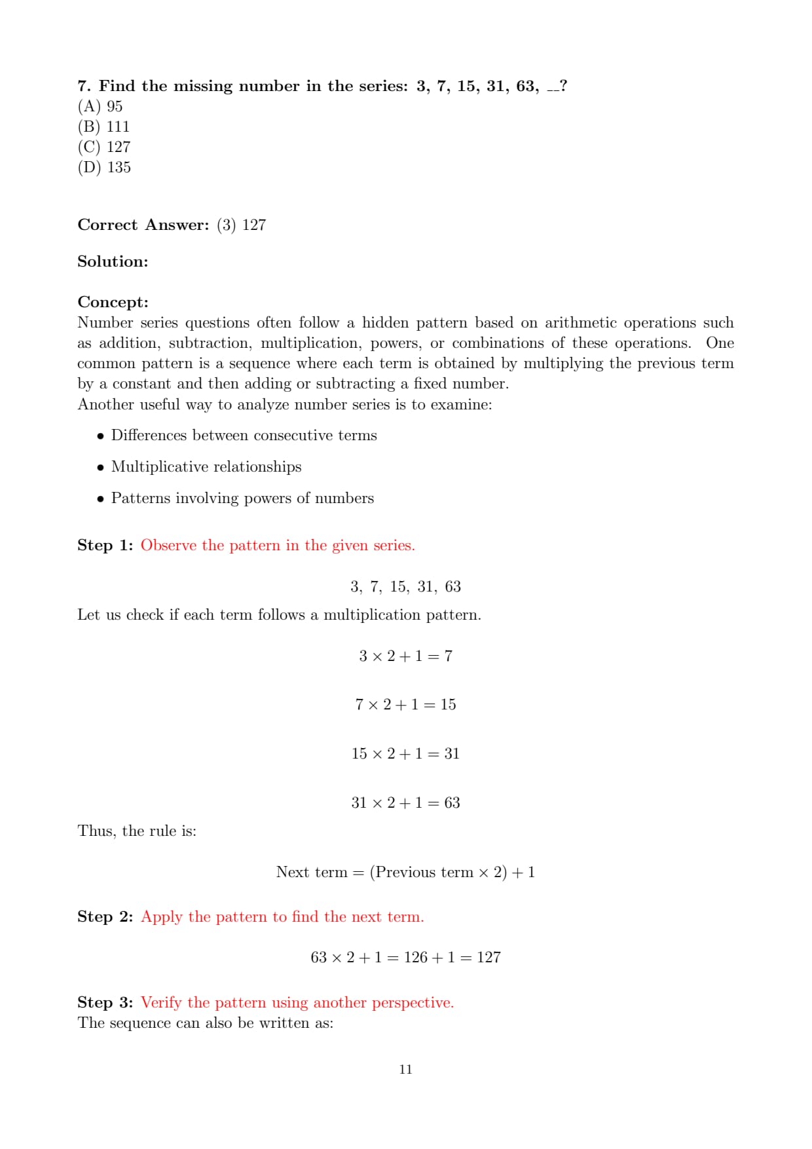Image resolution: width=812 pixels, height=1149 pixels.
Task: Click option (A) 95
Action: click(100, 106)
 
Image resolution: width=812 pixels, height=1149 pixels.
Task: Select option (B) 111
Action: click(103, 126)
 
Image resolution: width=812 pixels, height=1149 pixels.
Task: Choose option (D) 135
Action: click(104, 167)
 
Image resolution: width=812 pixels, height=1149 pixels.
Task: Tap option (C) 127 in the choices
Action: click(104, 147)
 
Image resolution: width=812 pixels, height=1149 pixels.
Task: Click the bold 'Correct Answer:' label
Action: click(143, 225)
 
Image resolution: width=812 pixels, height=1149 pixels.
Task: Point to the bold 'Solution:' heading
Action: click(113, 261)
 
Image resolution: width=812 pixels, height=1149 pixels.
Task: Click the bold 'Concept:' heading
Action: click(113, 302)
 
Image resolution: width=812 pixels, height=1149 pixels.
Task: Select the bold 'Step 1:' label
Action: click(105, 545)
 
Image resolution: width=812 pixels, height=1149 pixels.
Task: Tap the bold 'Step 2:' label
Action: click(105, 916)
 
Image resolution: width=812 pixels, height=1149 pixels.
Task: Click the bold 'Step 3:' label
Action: click(105, 1002)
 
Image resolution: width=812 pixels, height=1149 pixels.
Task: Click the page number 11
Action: click(405, 1069)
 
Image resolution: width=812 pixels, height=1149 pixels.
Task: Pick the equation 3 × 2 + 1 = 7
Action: click(405, 656)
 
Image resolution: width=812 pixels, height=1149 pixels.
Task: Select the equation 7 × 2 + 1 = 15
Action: click(405, 704)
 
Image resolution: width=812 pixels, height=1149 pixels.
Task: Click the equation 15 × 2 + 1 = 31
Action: click(405, 753)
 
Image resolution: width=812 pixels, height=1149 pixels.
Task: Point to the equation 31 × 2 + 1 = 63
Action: click(405, 802)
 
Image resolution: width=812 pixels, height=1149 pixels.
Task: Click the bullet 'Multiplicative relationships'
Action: click(206, 466)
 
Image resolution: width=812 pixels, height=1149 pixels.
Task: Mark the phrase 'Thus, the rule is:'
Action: click(137, 831)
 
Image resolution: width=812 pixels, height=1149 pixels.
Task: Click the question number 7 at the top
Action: click(83, 86)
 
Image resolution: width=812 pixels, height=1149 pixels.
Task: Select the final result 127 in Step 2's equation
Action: click(489, 957)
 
